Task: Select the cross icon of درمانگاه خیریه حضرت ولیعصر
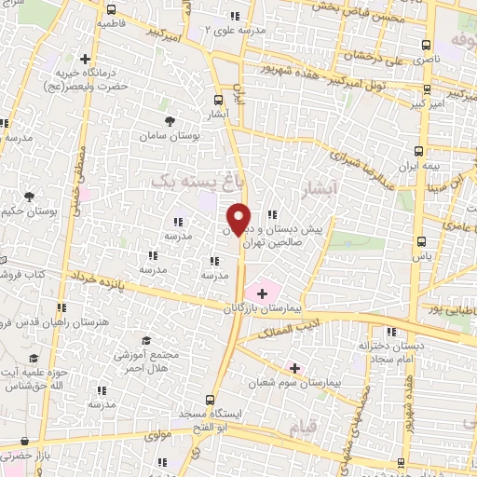pos(86,59)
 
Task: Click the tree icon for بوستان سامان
pos(170,122)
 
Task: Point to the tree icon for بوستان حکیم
pos(31,197)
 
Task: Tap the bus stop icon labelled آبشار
pos(218,100)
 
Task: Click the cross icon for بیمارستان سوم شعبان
pos(294,369)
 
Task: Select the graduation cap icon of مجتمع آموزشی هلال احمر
pos(141,342)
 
